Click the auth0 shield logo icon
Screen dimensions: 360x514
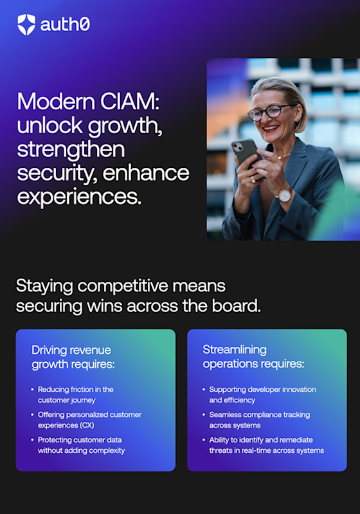26,24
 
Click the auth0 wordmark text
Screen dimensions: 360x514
65,25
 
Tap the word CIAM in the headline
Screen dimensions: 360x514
130,101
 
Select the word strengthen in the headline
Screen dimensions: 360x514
71,149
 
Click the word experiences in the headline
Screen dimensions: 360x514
79,197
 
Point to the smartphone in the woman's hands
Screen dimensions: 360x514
247,155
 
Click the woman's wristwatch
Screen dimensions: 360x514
284,194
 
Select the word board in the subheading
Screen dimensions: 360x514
236,306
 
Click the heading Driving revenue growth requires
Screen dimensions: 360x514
73,357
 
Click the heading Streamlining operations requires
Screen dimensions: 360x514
253,356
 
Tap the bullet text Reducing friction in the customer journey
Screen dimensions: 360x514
76,395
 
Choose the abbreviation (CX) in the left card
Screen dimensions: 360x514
87,425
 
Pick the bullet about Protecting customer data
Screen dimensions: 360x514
81,445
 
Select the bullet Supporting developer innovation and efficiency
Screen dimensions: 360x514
263,395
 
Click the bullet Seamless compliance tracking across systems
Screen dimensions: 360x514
260,420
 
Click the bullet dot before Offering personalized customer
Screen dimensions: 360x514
32,415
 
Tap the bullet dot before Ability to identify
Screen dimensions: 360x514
204,440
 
